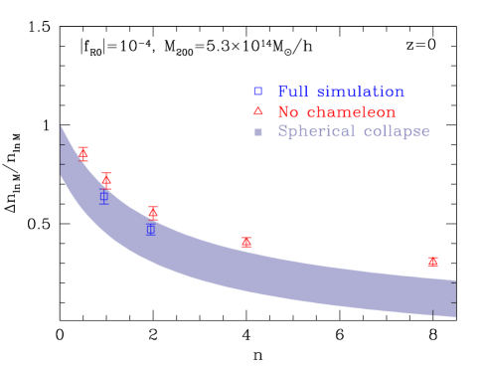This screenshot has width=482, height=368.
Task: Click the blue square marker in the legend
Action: coord(257,92)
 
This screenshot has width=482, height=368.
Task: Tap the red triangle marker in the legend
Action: coord(257,111)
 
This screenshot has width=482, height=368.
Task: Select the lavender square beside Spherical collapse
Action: coord(257,131)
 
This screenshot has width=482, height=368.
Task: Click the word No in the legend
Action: coord(286,111)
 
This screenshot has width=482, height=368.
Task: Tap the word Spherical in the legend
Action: coord(315,131)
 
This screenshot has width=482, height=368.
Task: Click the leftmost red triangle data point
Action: coord(83,153)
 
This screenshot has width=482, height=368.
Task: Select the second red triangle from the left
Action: coord(106,180)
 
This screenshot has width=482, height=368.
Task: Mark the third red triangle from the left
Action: coord(153,211)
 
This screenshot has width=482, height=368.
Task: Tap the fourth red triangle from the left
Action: coord(246,242)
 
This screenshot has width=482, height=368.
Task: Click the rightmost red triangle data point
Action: coord(432,261)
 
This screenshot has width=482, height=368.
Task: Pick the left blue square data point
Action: coord(103,196)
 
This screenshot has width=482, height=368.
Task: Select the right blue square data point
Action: coord(151,229)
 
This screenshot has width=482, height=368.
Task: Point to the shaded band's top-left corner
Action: coord(61,126)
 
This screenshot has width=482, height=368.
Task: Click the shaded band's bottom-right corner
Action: coord(455,316)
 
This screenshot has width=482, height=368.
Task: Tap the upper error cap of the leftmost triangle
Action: coord(83,146)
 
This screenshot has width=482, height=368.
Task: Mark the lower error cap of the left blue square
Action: coord(103,204)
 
